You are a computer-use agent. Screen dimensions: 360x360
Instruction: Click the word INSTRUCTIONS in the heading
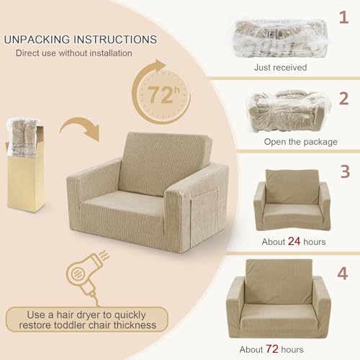115,40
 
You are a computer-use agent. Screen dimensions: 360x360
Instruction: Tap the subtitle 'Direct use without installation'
74,53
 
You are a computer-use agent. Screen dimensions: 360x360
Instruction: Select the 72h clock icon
161,92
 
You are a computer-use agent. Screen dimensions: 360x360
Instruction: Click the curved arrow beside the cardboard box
79,125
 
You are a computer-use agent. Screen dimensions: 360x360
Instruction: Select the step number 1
343,17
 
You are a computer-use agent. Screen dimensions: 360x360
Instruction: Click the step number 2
344,99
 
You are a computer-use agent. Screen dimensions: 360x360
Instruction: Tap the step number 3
345,171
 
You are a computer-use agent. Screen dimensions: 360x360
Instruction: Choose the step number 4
343,274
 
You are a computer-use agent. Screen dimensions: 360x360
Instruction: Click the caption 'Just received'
280,68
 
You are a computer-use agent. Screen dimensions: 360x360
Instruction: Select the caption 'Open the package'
301,142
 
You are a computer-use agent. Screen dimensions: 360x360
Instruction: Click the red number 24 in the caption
294,241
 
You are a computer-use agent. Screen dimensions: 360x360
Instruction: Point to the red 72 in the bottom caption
272,348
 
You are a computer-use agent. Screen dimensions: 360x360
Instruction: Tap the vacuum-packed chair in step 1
280,38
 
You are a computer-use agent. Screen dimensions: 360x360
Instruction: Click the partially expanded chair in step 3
292,200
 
